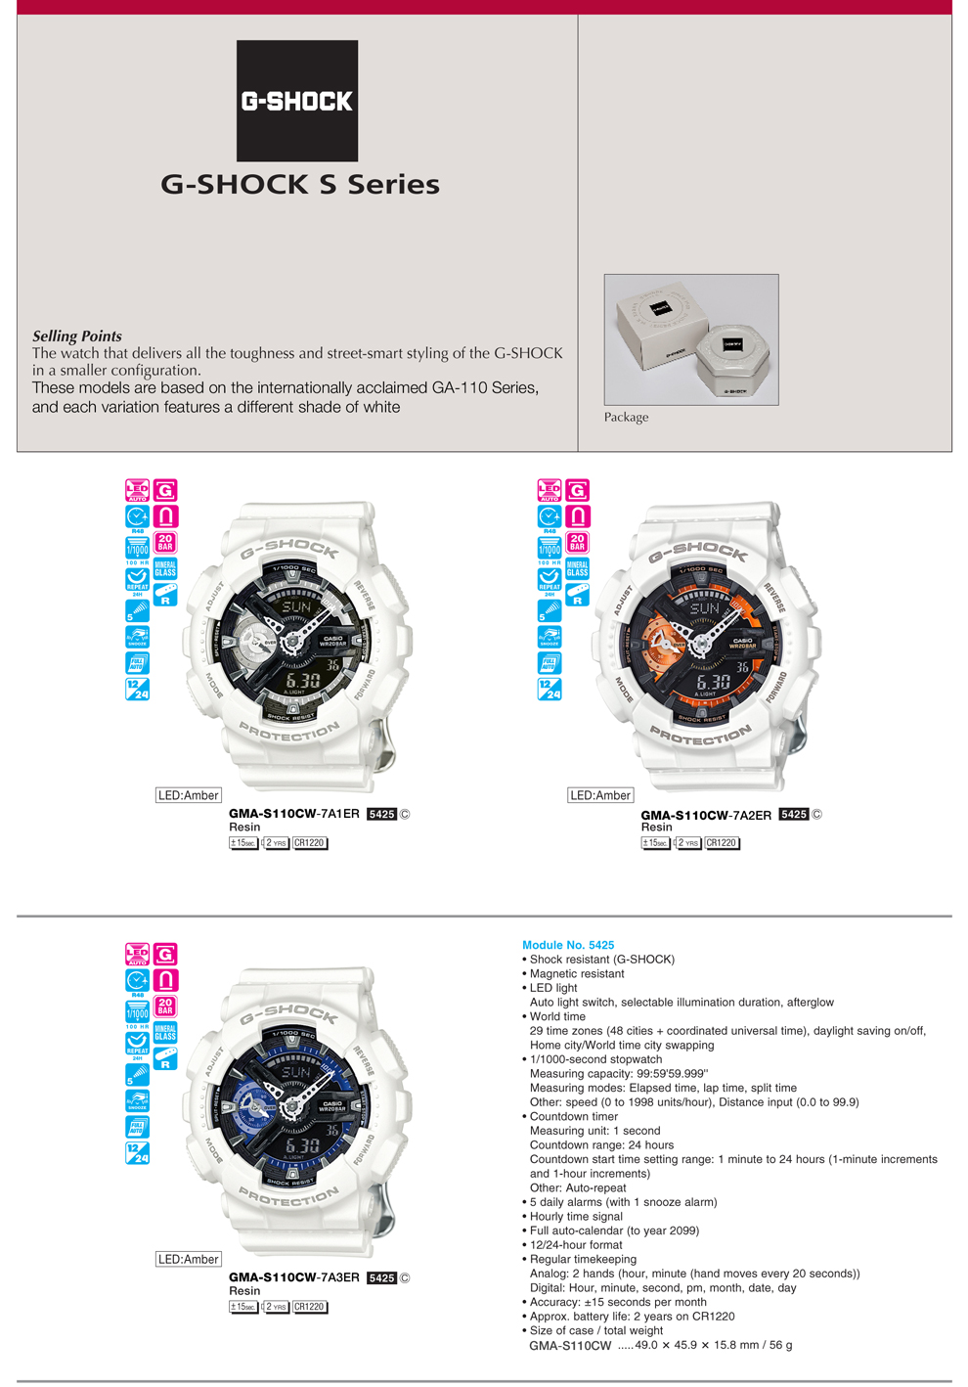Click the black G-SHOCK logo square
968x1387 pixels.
click(297, 101)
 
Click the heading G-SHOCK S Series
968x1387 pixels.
click(299, 184)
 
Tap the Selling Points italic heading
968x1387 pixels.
click(77, 336)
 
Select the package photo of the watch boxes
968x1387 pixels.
click(691, 339)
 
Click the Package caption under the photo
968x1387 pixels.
click(626, 417)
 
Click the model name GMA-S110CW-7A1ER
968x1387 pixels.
click(294, 814)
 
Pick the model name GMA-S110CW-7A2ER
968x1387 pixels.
click(706, 815)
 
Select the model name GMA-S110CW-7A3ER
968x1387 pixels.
click(294, 1277)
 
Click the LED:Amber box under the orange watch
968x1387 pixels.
click(600, 795)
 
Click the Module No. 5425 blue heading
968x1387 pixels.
click(568, 945)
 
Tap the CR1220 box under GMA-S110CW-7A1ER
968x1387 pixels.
click(310, 843)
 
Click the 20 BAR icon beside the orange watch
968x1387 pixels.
click(577, 542)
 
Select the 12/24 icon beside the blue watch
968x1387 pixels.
click(138, 1153)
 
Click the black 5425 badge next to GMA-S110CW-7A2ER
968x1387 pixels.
click(794, 814)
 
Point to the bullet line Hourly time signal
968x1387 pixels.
click(576, 1217)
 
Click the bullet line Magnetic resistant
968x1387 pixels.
click(577, 973)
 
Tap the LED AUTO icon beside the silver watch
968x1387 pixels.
click(137, 490)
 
